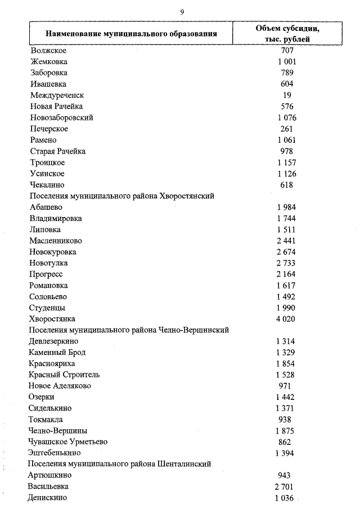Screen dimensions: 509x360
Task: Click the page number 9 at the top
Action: point(182,11)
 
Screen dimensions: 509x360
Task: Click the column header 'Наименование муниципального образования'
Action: point(131,34)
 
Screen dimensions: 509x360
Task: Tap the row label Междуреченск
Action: point(58,95)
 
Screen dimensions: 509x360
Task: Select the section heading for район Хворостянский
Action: point(122,196)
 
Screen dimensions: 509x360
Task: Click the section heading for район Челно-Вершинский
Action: point(129,330)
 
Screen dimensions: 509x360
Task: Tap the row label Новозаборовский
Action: point(62,118)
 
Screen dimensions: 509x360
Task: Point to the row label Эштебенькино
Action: point(55,453)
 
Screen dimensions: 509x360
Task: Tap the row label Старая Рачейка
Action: point(58,151)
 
